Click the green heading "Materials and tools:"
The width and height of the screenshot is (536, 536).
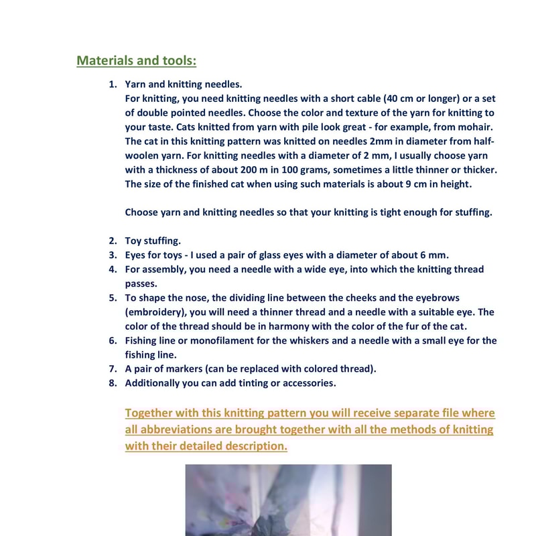click(x=136, y=61)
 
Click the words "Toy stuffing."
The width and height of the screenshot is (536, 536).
click(x=153, y=241)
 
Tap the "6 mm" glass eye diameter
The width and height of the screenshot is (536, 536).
click(x=433, y=255)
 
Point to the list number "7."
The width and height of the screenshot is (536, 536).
click(x=113, y=368)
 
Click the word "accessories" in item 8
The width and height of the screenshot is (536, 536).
click(x=305, y=383)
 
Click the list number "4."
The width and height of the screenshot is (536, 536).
click(x=113, y=269)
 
